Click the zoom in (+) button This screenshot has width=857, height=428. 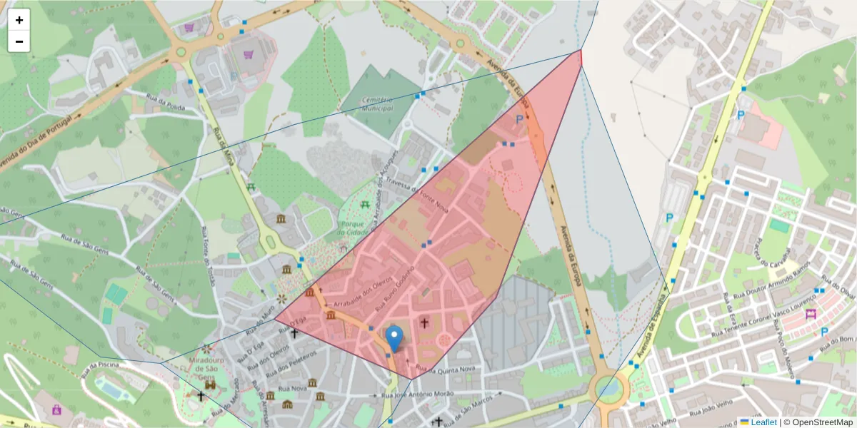coord(19,20)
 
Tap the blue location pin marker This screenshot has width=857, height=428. coord(394,337)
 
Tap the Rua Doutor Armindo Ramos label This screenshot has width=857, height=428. coord(775,282)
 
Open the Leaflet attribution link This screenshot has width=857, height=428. coord(763,422)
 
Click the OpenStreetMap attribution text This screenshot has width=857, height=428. coord(818,422)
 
